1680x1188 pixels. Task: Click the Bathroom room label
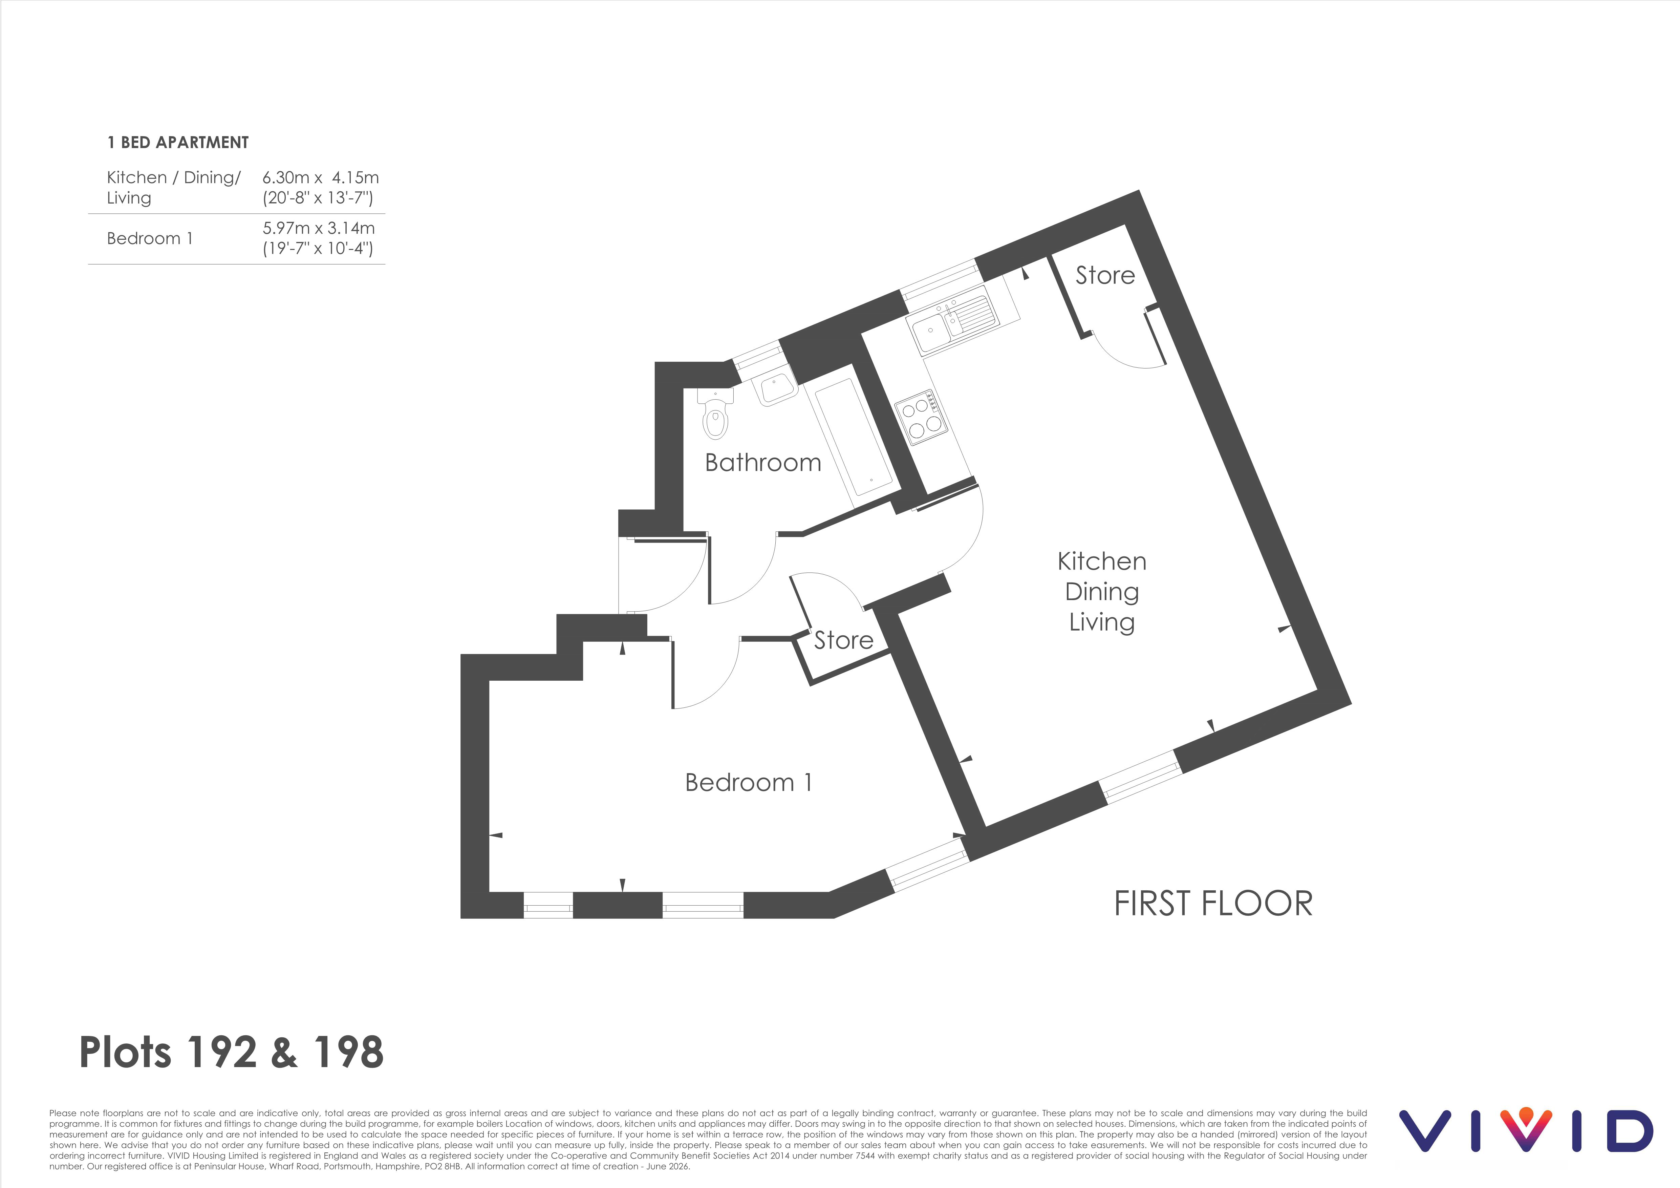[x=763, y=463]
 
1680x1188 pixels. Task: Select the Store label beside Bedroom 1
[x=844, y=640]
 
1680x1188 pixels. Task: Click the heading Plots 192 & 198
[x=231, y=1053]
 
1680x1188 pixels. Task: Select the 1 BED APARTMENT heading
[x=178, y=143]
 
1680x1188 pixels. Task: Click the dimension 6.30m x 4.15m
[x=321, y=178]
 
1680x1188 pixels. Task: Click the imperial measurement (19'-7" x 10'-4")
[x=318, y=249]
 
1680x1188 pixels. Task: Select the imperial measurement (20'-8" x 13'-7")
[x=318, y=198]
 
